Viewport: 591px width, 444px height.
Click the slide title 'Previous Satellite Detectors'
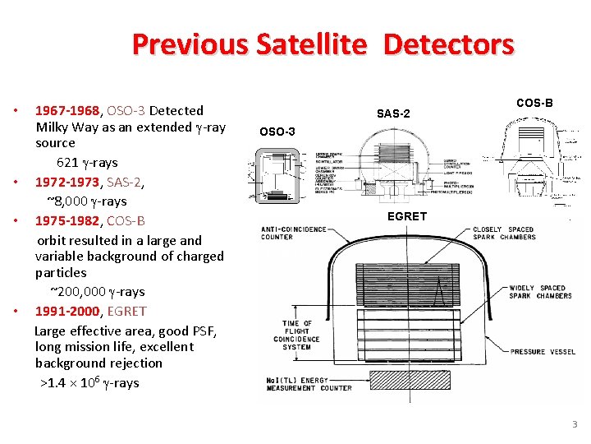pos(323,44)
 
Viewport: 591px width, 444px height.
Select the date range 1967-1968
pos(66,110)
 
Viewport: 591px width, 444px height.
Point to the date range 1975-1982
pos(66,220)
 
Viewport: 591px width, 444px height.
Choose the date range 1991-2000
pos(66,311)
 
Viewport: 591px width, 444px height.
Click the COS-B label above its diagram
pos(534,103)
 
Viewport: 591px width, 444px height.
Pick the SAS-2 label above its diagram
pos(393,113)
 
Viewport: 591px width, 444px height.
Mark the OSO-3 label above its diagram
pos(277,132)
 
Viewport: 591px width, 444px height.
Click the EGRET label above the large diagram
pos(407,216)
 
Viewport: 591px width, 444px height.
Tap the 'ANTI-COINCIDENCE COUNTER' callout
pos(293,233)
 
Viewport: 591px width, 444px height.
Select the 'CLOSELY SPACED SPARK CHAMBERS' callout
pos(504,233)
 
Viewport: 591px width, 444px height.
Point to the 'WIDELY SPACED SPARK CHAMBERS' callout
pos(540,292)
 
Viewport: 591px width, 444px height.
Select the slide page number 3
pos(575,424)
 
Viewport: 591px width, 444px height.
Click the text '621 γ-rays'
pos(87,162)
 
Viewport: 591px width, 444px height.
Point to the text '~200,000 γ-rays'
pos(97,291)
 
